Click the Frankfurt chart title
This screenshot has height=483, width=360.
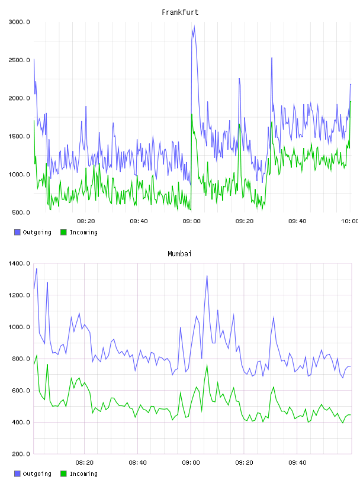point(180,12)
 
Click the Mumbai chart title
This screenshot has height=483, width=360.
point(179,254)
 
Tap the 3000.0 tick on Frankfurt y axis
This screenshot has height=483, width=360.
point(19,22)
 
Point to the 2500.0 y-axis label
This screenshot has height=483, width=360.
point(19,60)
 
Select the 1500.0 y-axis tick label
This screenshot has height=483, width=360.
point(19,136)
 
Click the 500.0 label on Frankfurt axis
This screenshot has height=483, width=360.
point(21,212)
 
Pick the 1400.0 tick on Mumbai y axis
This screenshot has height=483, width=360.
point(19,263)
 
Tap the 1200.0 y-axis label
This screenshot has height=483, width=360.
point(19,295)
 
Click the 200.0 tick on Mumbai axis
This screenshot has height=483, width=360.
point(21,454)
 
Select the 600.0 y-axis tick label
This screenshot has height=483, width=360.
point(21,391)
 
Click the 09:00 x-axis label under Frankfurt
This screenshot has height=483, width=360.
point(191,221)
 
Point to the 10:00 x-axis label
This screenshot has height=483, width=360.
point(349,221)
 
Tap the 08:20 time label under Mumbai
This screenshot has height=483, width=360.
point(85,463)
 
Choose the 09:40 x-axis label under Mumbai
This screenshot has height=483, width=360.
point(297,463)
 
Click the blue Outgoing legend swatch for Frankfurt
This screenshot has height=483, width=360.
point(17,232)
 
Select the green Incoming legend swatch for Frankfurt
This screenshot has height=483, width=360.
point(63,232)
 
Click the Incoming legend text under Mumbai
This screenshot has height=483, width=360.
point(83,474)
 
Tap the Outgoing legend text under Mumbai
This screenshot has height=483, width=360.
point(37,474)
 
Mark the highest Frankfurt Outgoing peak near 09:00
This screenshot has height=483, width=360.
point(194,26)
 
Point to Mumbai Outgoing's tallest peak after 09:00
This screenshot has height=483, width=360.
point(207,276)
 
